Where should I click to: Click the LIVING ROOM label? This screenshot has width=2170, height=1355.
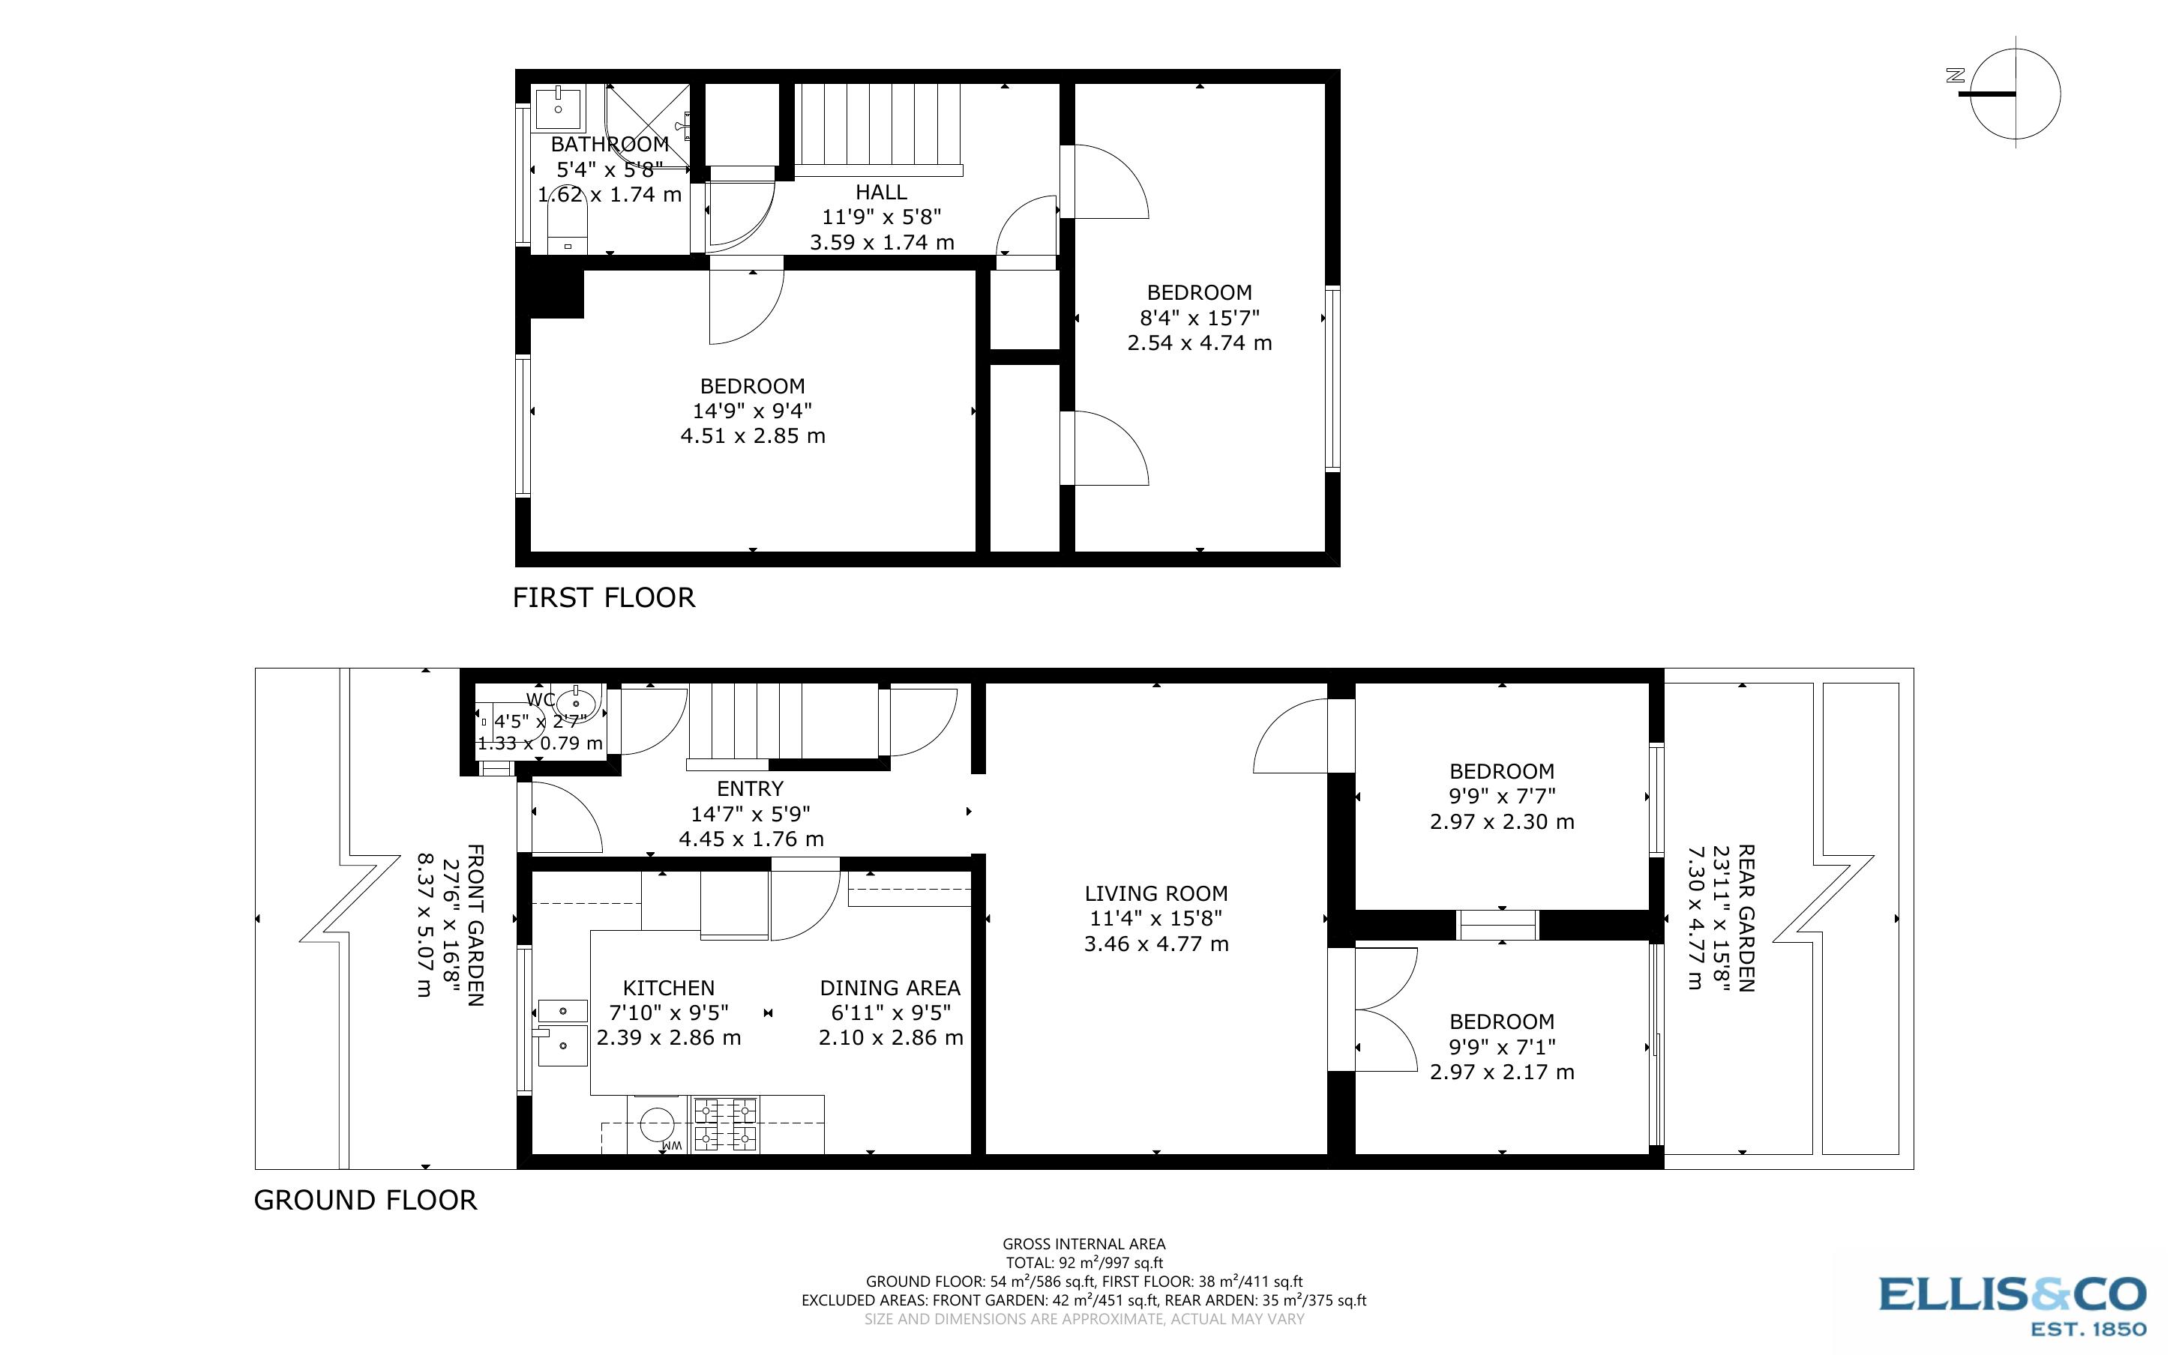pos(1156,893)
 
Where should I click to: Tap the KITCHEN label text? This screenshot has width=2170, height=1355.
pos(669,988)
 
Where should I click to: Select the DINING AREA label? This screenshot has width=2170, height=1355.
pos(890,988)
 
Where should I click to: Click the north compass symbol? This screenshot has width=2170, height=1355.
pos(2008,93)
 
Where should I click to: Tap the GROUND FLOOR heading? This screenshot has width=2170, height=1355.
pos(366,1200)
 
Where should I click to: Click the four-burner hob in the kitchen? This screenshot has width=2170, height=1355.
pos(725,1125)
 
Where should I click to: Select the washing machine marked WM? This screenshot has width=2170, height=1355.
pos(659,1126)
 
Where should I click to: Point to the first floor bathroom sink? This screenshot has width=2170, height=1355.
pos(559,107)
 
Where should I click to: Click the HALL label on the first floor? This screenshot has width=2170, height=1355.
pos(881,192)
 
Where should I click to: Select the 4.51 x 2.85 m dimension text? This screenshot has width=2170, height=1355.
pos(753,436)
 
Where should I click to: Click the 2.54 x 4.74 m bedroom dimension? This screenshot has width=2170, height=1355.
pos(1199,343)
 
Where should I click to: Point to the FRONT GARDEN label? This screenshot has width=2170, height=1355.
pos(476,925)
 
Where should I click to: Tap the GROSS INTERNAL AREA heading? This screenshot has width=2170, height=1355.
pos(1084,1244)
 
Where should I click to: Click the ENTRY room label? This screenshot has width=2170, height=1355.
pos(751,788)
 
